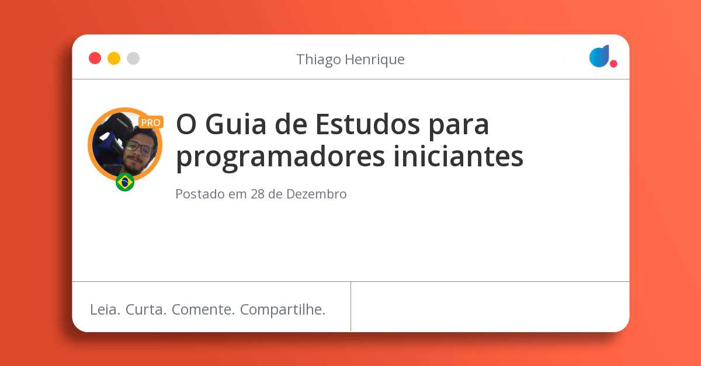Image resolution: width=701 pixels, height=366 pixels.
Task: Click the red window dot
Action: (x=95, y=58)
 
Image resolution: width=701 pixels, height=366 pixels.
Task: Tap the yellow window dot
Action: (x=114, y=58)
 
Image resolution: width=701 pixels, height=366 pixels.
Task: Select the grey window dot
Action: (x=133, y=58)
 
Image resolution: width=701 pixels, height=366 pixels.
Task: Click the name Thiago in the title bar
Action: (x=316, y=60)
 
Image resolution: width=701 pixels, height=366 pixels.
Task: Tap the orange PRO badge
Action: (x=151, y=123)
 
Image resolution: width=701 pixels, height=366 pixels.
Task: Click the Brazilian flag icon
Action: (x=125, y=182)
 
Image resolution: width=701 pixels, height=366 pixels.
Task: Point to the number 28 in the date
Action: (x=258, y=194)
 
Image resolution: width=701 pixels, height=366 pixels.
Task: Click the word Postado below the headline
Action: (x=200, y=194)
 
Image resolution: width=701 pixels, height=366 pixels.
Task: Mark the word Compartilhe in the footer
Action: (x=283, y=310)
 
